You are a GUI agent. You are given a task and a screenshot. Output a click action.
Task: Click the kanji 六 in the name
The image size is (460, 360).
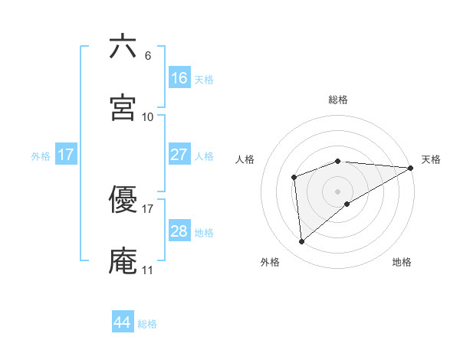point(123,47)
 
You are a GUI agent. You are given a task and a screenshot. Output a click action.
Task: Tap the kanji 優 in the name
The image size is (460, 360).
point(123,199)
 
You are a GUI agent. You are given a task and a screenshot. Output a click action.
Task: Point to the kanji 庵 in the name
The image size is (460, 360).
point(123,260)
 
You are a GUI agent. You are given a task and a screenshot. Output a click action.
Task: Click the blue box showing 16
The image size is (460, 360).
point(179,77)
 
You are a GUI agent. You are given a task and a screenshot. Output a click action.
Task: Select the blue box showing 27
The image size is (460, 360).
point(179,155)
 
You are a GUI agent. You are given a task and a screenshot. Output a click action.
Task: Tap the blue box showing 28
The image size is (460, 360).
point(179,231)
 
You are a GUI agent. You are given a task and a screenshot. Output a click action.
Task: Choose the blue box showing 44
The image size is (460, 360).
point(123,322)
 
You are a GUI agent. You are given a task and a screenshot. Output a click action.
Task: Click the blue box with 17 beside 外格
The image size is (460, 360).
point(66,155)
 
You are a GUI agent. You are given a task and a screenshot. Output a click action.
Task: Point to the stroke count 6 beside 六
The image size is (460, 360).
point(148,56)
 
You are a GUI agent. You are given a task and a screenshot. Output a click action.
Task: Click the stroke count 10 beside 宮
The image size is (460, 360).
point(148,117)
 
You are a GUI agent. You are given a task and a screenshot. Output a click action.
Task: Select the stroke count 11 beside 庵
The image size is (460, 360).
point(148,270)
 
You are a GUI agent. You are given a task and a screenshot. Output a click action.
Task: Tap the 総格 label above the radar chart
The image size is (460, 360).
point(338,100)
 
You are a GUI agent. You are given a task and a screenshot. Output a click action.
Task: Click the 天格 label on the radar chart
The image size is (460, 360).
point(431,159)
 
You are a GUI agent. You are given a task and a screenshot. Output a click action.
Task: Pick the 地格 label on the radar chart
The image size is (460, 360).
point(402,262)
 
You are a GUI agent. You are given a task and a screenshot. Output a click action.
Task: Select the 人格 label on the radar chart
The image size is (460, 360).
point(245,159)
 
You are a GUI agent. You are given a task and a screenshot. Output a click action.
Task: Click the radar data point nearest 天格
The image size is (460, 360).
point(410,168)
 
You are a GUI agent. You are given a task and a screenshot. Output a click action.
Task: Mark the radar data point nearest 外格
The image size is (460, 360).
point(302,242)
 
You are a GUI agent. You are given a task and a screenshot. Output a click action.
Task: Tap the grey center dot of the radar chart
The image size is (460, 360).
point(338,191)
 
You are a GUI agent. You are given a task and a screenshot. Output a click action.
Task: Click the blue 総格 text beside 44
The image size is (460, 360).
point(147,324)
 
